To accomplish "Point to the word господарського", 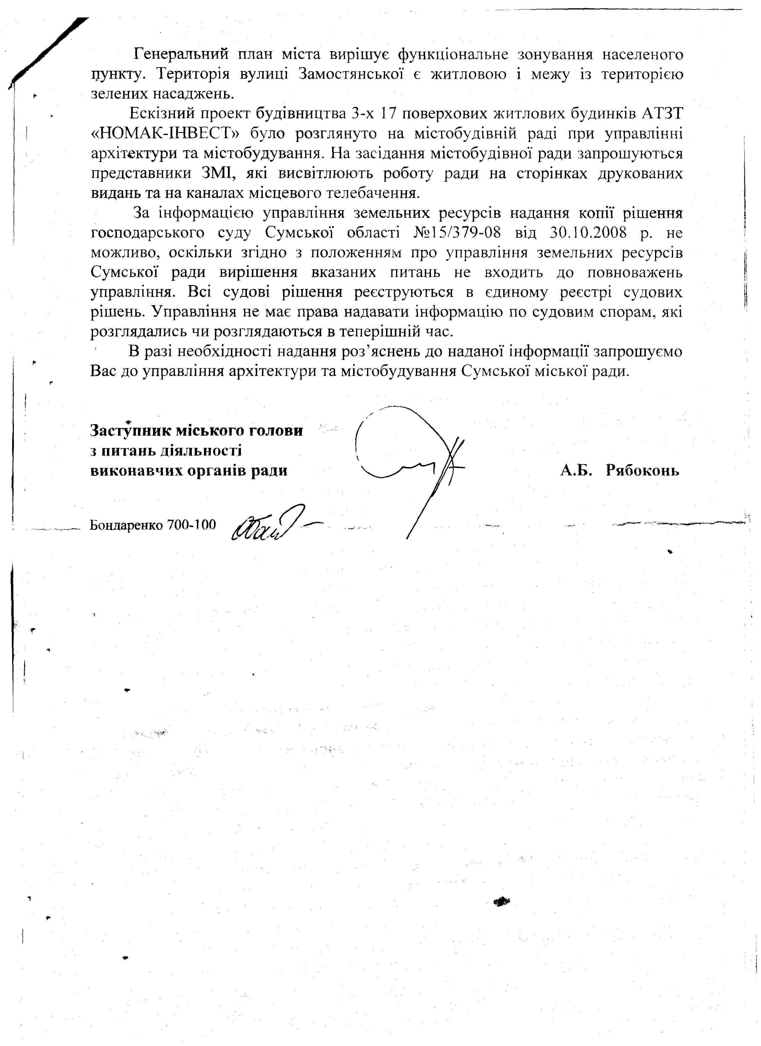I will point(148,233).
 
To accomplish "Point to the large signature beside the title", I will point(411,461).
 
